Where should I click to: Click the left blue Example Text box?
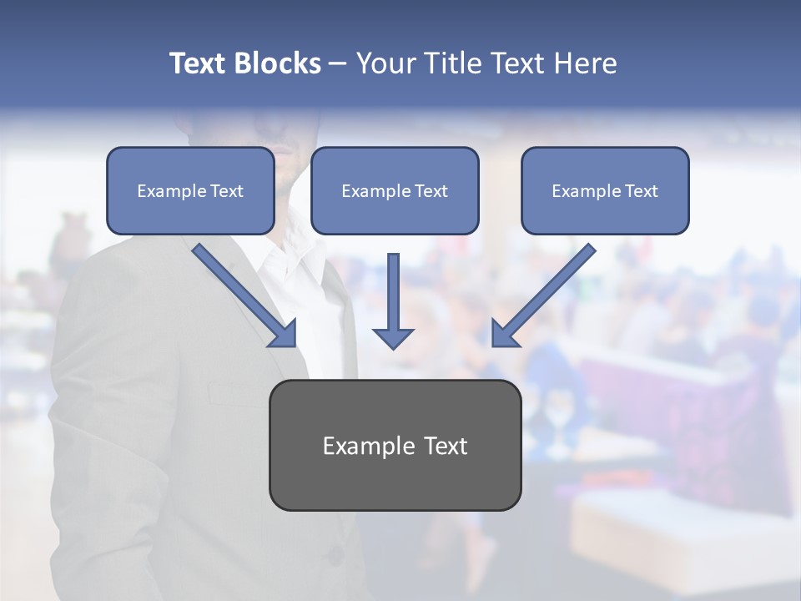(190, 190)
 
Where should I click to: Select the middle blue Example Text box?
(395, 190)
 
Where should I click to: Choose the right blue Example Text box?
(605, 190)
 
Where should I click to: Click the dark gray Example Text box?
(395, 445)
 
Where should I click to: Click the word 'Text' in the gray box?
(446, 446)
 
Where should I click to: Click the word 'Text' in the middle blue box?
(431, 191)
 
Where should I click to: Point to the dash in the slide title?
(338, 63)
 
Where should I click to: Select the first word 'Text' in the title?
(197, 63)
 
